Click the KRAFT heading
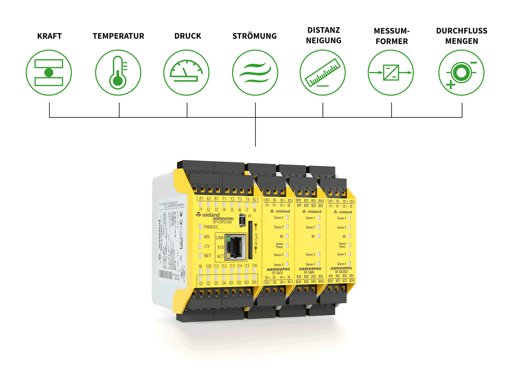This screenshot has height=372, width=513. pyautogui.click(x=50, y=36)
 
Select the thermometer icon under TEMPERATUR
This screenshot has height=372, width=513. pyautogui.click(x=118, y=73)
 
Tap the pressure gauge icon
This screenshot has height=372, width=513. pyautogui.click(x=186, y=73)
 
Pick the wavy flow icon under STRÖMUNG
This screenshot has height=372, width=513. pyautogui.click(x=255, y=73)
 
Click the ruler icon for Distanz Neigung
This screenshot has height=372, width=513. pyautogui.click(x=323, y=73)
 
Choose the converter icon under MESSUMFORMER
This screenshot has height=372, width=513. pyautogui.click(x=391, y=73)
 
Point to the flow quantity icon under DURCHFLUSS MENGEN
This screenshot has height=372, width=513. pyautogui.click(x=461, y=73)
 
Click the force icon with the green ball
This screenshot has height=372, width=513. pyautogui.click(x=49, y=73)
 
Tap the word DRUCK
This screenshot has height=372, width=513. pyautogui.click(x=188, y=36)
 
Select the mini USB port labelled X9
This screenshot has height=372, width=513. pyautogui.click(x=242, y=220)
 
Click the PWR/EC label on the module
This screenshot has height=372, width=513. pyautogui.click(x=211, y=227)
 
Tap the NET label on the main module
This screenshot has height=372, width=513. pyautogui.click(x=208, y=256)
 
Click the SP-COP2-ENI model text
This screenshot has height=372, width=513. pyautogui.click(x=222, y=222)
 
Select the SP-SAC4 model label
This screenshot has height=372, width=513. pyautogui.click(x=277, y=273)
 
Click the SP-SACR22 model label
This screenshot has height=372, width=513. pyautogui.click(x=341, y=272)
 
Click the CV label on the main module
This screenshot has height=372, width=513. pyautogui.click(x=207, y=246)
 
